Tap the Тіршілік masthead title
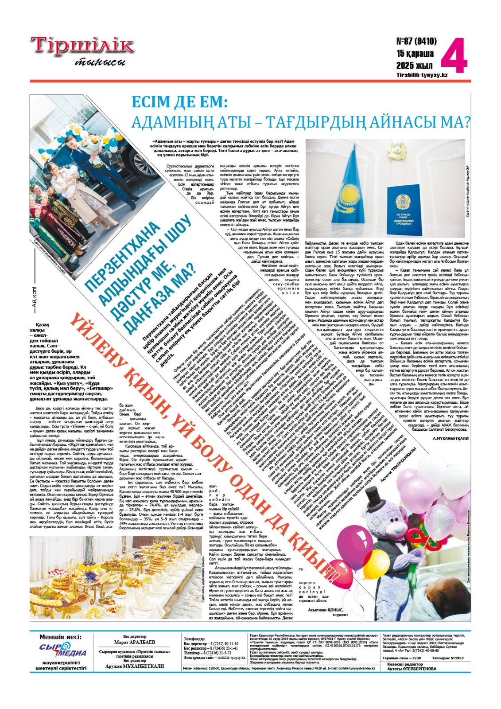(82, 46)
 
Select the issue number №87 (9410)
(416, 41)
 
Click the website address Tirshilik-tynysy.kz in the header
(422, 75)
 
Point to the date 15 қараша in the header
(415, 54)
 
